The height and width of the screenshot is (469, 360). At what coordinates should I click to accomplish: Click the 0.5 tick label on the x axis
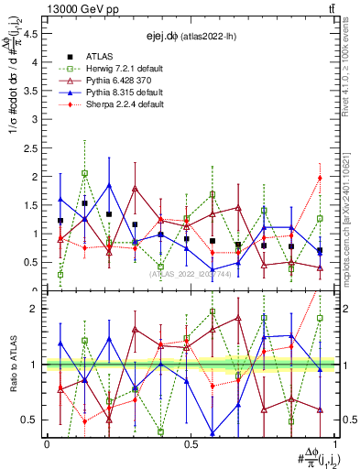click(x=191, y=443)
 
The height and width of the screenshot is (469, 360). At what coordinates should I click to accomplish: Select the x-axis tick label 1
click(x=336, y=443)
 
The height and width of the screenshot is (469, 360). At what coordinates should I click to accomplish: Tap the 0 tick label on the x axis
click(x=47, y=443)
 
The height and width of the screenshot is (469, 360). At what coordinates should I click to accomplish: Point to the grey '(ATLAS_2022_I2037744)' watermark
click(x=191, y=274)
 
